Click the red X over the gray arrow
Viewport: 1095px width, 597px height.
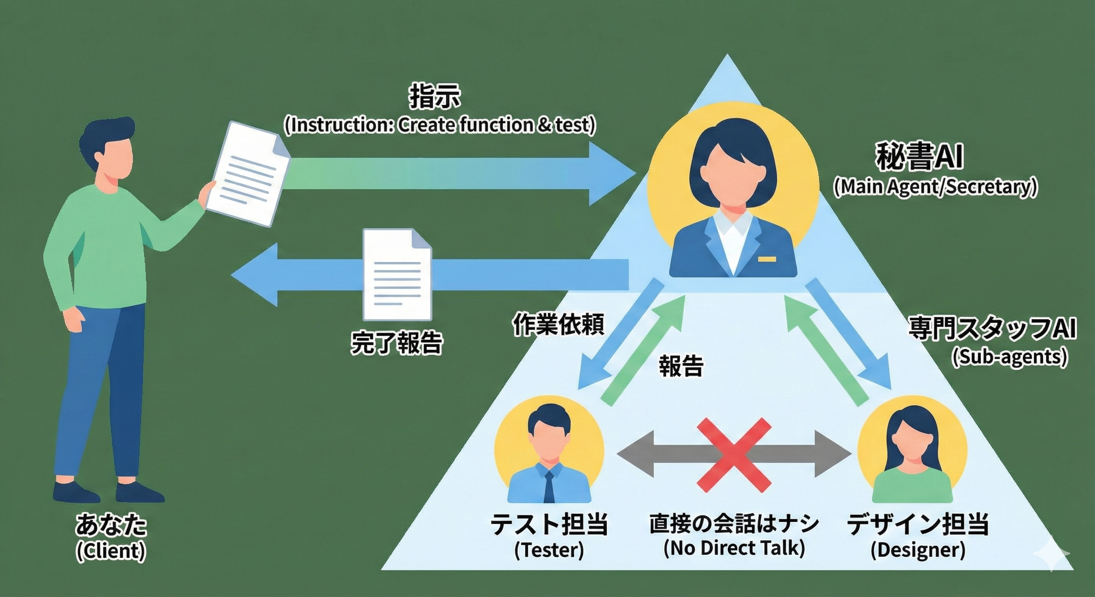(734, 455)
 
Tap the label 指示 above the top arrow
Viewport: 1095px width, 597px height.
(434, 97)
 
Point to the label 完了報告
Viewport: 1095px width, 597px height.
(396, 342)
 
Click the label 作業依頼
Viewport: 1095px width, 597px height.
(558, 325)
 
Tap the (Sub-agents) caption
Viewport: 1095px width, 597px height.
(1009, 356)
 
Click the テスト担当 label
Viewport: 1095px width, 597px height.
(549, 524)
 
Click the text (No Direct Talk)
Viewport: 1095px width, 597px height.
(734, 548)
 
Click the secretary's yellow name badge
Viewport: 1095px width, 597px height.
(767, 259)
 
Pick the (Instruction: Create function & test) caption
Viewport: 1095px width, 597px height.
(439, 125)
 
